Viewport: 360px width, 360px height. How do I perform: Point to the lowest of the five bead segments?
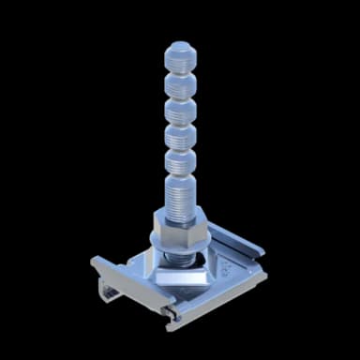pos(179,162)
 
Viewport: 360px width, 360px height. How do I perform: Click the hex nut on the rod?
pos(180,227)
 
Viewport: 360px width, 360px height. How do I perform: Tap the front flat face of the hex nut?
pos(170,231)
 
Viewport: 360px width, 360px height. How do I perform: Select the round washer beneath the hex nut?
pos(180,246)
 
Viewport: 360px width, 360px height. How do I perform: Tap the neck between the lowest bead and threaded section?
pos(179,175)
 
